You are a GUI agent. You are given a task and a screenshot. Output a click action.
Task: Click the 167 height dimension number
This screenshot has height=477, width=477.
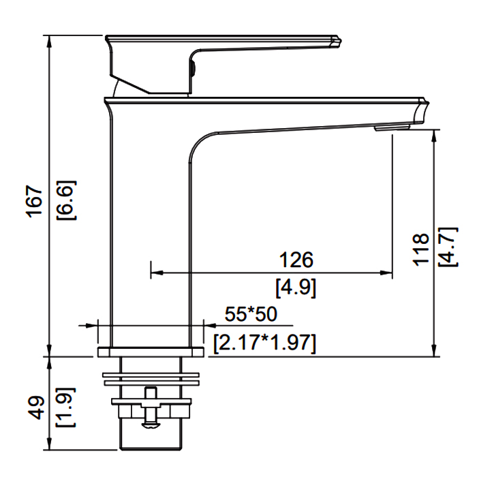[x=34, y=201]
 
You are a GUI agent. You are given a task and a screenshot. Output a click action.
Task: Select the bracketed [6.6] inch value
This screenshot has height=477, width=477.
[x=66, y=200]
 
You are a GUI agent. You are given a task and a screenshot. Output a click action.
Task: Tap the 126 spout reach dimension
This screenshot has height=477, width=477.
[x=296, y=260]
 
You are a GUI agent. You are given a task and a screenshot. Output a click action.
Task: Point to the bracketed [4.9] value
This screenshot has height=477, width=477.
[x=296, y=288]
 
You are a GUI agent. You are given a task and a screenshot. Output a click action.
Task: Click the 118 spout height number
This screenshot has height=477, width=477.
[x=420, y=250]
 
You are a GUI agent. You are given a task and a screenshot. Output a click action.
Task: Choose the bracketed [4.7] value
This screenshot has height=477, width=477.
[x=448, y=247]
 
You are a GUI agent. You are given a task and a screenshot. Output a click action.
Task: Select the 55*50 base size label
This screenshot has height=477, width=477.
[x=251, y=314]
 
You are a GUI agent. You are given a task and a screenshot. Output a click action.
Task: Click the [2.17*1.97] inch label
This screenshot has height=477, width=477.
[x=264, y=343]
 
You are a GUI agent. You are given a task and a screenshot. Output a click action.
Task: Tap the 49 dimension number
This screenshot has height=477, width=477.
[x=36, y=407]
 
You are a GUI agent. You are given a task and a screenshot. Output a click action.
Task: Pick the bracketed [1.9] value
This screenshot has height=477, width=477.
[x=65, y=407]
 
